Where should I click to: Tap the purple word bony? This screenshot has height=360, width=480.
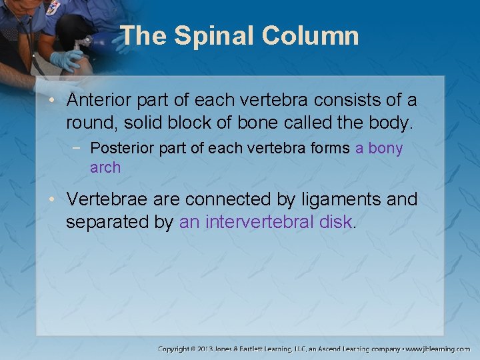(x=385, y=148)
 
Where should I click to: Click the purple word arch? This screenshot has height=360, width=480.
(x=105, y=167)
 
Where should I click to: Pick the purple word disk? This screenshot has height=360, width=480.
(x=335, y=222)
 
